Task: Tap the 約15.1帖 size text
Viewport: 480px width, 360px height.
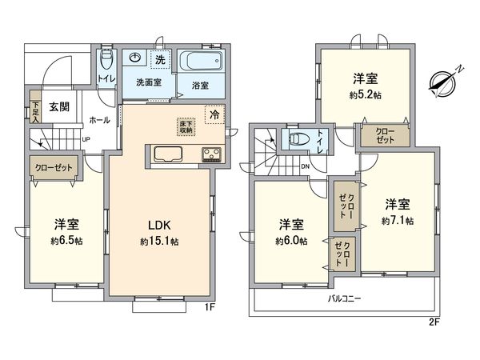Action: tap(160, 241)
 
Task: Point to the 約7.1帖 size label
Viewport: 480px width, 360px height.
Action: tap(398, 220)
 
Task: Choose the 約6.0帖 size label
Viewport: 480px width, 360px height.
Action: tap(291, 241)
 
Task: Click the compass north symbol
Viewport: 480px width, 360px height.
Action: tap(442, 79)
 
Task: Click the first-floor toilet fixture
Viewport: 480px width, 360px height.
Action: tap(107, 61)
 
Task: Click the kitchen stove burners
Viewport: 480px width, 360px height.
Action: tap(211, 154)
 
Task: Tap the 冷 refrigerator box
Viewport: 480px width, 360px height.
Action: tap(214, 114)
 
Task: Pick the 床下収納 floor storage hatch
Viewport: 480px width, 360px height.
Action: tap(186, 126)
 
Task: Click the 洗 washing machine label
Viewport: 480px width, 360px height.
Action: tap(160, 60)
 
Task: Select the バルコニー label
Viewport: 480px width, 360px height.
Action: tap(345, 298)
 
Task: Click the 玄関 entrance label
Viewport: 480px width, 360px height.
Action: tap(58, 106)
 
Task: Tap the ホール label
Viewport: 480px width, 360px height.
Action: tap(100, 120)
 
